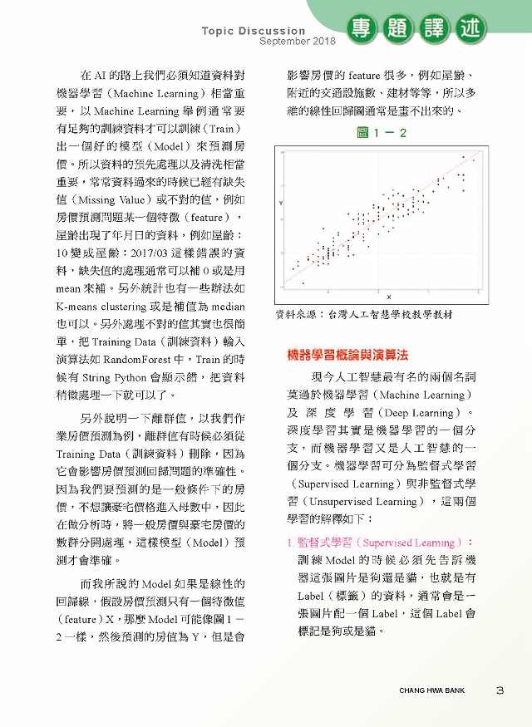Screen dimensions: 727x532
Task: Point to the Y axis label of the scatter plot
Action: [x=281, y=203]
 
